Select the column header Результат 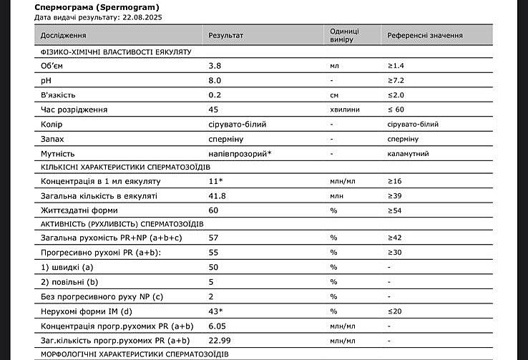(225, 35)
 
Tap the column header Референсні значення (425, 35)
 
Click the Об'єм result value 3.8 (214, 66)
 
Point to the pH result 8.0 (214, 81)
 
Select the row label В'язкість (58, 95)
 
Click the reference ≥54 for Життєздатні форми (395, 210)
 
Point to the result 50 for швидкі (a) (213, 266)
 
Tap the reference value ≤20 (395, 311)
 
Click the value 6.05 (217, 325)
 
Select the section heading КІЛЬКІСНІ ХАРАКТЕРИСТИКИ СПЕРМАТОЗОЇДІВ (125, 167)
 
